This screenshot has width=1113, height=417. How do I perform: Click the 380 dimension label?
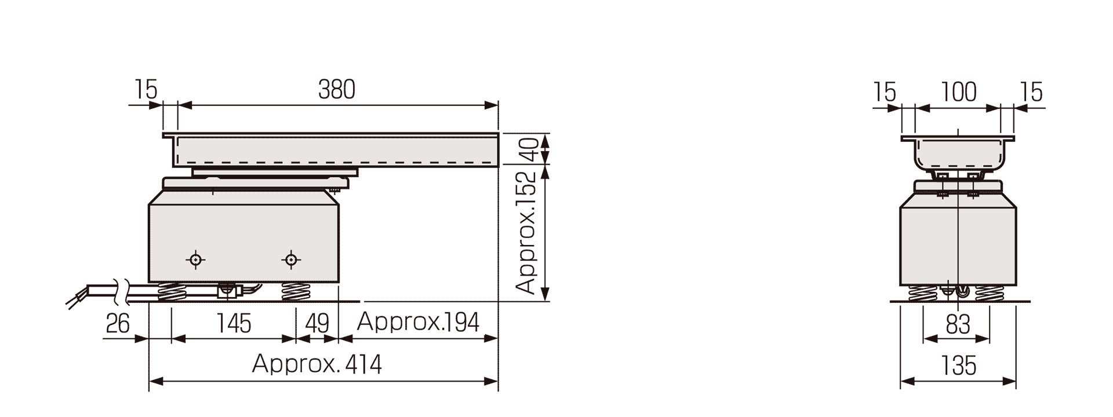coord(336,90)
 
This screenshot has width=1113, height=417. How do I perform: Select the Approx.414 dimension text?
coord(317,364)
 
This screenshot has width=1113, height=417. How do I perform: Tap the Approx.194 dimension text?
coord(418,322)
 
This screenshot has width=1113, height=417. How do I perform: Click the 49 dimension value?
coord(317,323)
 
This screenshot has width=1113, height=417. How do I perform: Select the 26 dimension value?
coord(118,323)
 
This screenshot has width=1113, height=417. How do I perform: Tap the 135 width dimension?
coord(958,366)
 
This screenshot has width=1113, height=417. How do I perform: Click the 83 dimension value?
coord(958,325)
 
